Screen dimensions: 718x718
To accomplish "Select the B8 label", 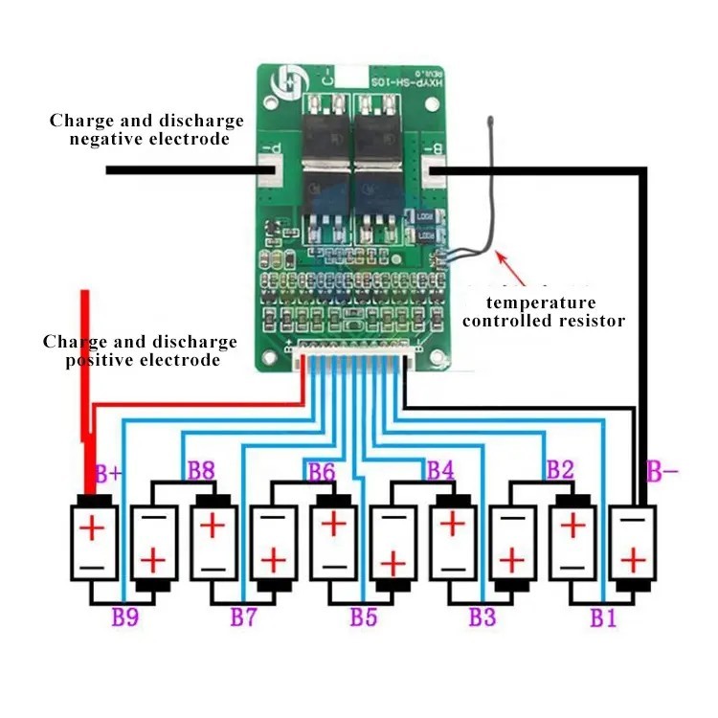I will click(200, 470).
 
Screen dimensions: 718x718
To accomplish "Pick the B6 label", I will click(321, 470).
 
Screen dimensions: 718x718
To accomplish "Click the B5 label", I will click(363, 617).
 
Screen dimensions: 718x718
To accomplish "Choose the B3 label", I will click(482, 617).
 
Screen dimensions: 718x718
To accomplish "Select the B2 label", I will click(559, 470).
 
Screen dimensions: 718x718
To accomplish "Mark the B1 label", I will click(602, 617).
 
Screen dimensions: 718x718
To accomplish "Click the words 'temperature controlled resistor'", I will click(544, 312).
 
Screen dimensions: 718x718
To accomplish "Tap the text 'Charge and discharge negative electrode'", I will click(146, 130).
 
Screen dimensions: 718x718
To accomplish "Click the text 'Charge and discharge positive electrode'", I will click(141, 351).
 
